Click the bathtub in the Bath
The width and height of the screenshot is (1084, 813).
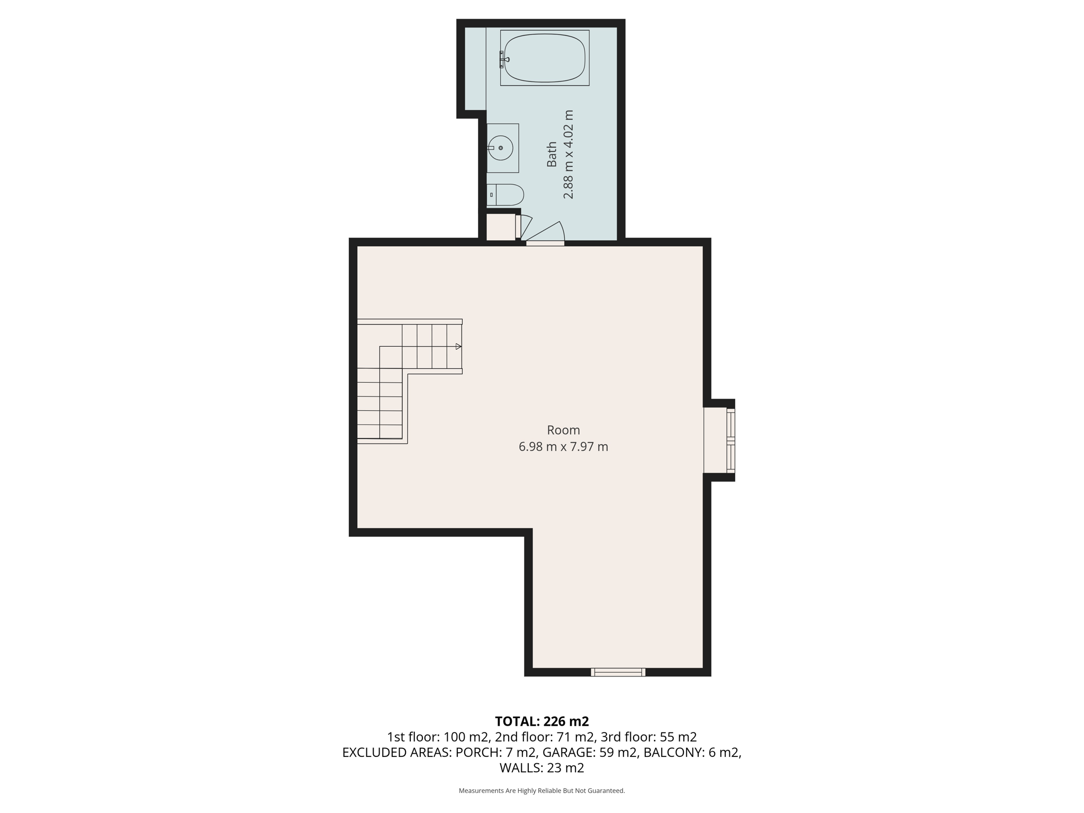point(545,58)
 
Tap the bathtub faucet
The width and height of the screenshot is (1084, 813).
point(503,59)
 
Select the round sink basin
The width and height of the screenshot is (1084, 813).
point(500,148)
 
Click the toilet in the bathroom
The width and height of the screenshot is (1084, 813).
point(505,195)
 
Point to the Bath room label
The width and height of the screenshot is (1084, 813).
point(552,154)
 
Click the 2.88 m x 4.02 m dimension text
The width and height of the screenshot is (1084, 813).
point(568,154)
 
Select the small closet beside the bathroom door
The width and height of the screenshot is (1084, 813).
point(500,227)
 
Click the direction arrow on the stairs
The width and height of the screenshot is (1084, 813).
point(458,346)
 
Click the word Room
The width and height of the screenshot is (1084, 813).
point(563,430)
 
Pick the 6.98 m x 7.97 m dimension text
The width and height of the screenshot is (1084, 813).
point(563,447)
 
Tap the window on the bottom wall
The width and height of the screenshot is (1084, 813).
point(618,672)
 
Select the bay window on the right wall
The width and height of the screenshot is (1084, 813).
point(730,440)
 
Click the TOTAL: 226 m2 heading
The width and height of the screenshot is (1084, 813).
point(541,721)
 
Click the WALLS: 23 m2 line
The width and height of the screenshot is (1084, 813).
point(541,767)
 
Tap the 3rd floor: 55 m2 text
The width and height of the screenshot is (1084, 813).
point(648,737)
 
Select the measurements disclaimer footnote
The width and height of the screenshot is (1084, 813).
point(541,791)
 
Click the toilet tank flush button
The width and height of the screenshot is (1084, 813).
point(492,195)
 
